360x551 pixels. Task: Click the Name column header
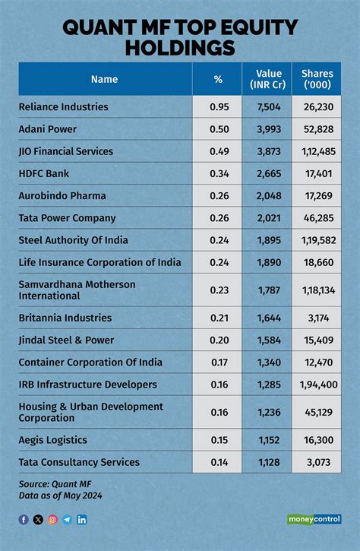pyautogui.click(x=104, y=79)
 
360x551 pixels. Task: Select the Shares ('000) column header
pyautogui.click(x=317, y=79)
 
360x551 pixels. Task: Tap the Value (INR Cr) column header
pyautogui.click(x=268, y=79)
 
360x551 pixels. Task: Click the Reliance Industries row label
pyautogui.click(x=64, y=106)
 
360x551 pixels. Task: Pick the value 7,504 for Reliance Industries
pyautogui.click(x=269, y=107)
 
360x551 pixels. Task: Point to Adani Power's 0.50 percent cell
pyautogui.click(x=219, y=129)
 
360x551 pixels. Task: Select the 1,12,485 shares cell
pyautogui.click(x=318, y=151)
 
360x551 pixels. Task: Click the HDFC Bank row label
pyautogui.click(x=44, y=173)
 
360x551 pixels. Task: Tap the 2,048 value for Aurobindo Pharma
pyautogui.click(x=269, y=196)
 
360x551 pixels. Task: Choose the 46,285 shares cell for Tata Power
pyautogui.click(x=318, y=218)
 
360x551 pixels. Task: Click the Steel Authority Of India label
pyautogui.click(x=73, y=240)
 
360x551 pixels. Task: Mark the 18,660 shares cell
pyautogui.click(x=318, y=262)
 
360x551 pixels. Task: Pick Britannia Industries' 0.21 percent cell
pyautogui.click(x=219, y=318)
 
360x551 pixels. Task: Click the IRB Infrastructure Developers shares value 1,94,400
pyautogui.click(x=318, y=385)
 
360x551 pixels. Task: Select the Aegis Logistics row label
pyautogui.click(x=52, y=440)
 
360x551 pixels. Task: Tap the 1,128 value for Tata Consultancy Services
pyautogui.click(x=269, y=462)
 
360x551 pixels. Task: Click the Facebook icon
pyautogui.click(x=24, y=519)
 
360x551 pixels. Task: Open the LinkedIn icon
pyautogui.click(x=82, y=519)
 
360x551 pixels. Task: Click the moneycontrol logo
pyautogui.click(x=314, y=519)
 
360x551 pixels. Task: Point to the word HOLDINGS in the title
pyautogui.click(x=180, y=47)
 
